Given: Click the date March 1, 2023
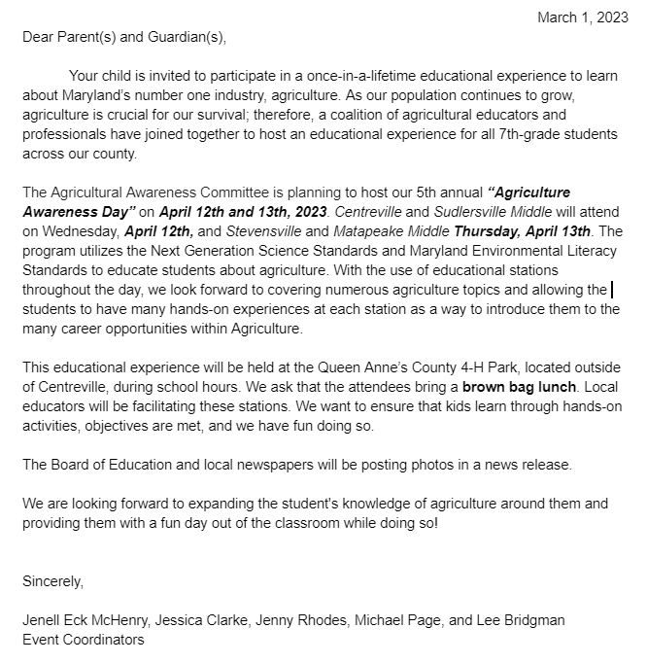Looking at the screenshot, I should pyautogui.click(x=583, y=17).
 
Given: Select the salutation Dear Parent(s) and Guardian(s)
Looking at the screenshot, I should pyautogui.click(x=123, y=37).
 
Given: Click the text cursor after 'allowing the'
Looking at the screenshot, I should pyautogui.click(x=611, y=289).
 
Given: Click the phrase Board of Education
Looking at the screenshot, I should pyautogui.click(x=113, y=465).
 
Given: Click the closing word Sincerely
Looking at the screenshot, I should pyautogui.click(x=53, y=581).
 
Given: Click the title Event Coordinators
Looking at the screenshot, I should pyautogui.click(x=84, y=639).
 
